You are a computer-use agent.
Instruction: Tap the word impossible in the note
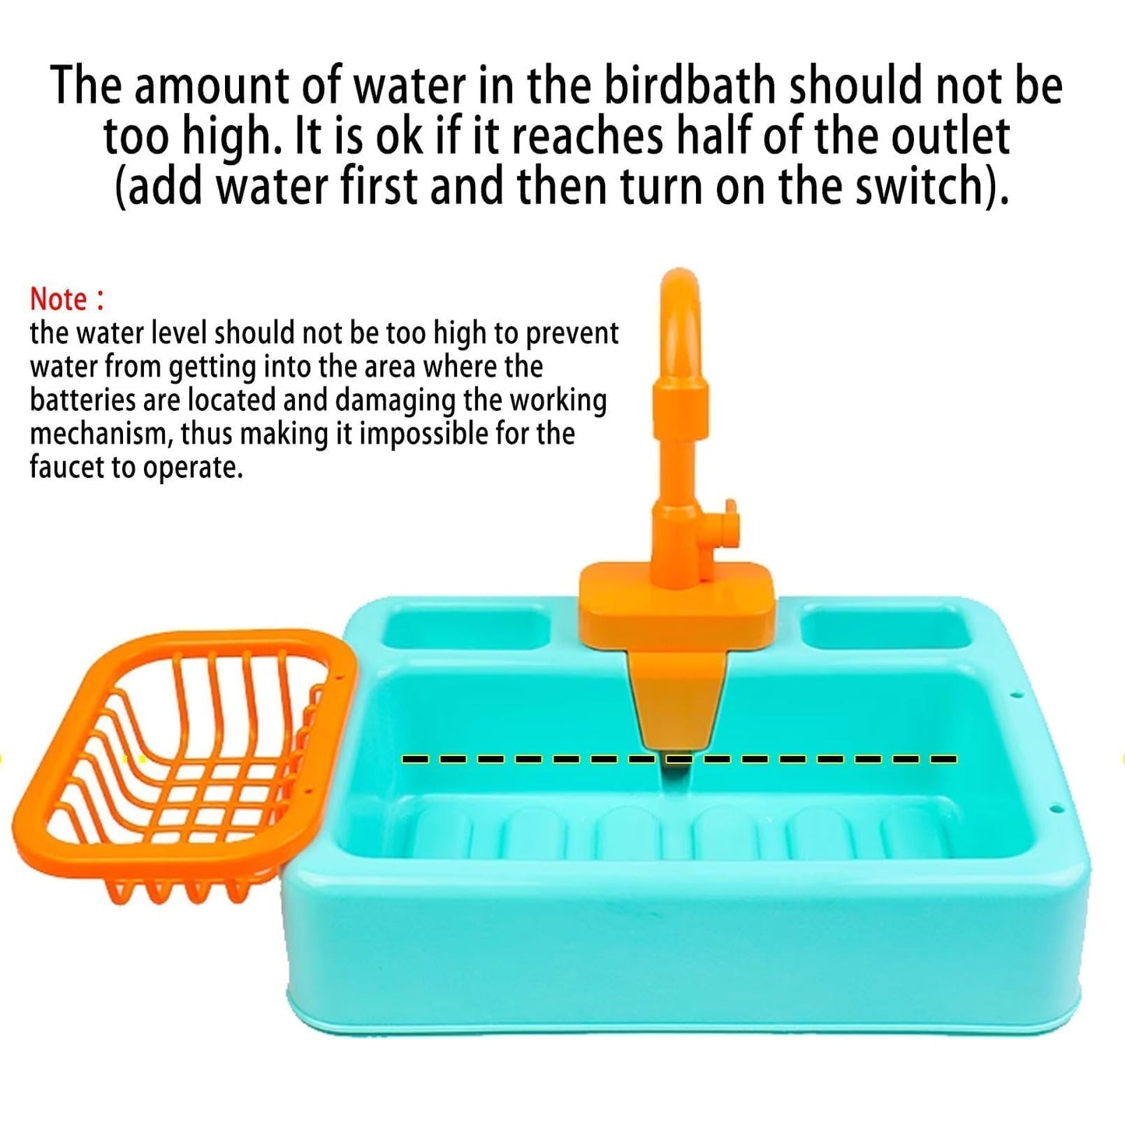tap(424, 434)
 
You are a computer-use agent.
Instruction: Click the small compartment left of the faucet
tap(465, 629)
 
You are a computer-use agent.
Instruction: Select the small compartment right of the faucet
tap(887, 627)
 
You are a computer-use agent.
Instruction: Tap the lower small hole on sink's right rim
tap(1055, 809)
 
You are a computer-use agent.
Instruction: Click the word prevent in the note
tap(572, 333)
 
